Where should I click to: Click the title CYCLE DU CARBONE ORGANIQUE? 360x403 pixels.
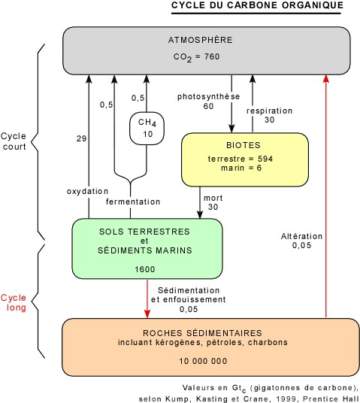pyautogui.click(x=257, y=5)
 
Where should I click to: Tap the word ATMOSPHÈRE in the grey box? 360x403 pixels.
pyautogui.click(x=201, y=40)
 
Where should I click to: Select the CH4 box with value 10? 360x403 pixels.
pyautogui.click(x=147, y=129)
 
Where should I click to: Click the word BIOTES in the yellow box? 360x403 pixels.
pyautogui.click(x=244, y=145)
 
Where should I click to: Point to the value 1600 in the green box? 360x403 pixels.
pyautogui.click(x=145, y=269)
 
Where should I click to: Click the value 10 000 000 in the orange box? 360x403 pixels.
pyautogui.click(x=203, y=361)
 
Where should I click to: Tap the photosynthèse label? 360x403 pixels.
pyautogui.click(x=208, y=97)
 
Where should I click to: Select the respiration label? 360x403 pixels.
pyautogui.click(x=269, y=111)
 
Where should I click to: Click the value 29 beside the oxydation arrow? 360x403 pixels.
pyautogui.click(x=81, y=138)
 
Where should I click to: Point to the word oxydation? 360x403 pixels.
pyautogui.click(x=87, y=191)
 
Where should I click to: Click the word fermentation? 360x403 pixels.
pyautogui.click(x=133, y=201)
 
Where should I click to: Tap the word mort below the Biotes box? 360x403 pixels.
pyautogui.click(x=213, y=198)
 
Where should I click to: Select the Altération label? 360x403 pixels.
pyautogui.click(x=301, y=236)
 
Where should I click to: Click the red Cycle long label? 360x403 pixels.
pyautogui.click(x=14, y=302)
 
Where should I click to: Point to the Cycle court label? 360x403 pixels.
pyautogui.click(x=14, y=141)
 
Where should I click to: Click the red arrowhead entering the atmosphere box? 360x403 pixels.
pyautogui.click(x=326, y=78)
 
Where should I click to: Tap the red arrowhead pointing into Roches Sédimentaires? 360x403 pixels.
pyautogui.click(x=147, y=314)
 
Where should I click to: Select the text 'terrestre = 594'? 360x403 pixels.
pyautogui.click(x=241, y=159)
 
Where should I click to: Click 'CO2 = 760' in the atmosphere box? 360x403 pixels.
pyautogui.click(x=196, y=57)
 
